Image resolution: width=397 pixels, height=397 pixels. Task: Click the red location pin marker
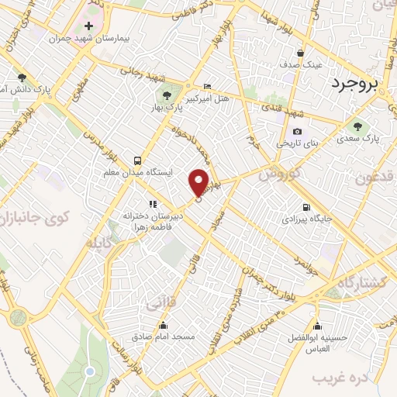coord(199,181)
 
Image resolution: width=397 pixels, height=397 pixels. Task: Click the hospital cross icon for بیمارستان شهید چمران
coord(89,26)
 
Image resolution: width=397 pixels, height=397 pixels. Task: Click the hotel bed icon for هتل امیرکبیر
coord(206,86)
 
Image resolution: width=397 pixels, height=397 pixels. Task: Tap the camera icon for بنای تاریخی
coord(297,132)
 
